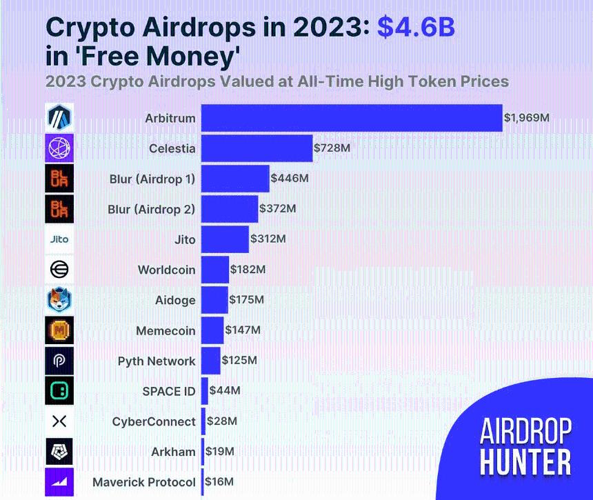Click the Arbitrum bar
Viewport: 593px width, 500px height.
pos(352,118)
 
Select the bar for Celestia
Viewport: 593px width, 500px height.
pos(257,148)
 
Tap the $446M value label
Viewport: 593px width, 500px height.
pos(290,178)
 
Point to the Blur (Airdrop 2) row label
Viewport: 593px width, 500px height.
pos(152,209)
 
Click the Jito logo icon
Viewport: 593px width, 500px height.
pos(59,239)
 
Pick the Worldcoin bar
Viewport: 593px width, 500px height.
pos(215,270)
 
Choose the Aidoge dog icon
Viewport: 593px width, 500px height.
pos(59,300)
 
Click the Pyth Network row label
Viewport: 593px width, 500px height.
pos(157,361)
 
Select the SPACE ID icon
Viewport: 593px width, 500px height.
pos(59,391)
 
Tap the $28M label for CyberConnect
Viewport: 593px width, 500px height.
pos(223,421)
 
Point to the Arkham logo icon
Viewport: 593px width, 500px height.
pos(59,452)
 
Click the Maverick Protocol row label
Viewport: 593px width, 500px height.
pos(144,482)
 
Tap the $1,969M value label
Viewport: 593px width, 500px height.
pos(527,118)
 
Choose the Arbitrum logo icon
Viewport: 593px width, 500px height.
pos(59,118)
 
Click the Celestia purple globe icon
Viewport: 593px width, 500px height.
pos(59,148)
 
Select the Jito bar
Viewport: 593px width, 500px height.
pos(225,239)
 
